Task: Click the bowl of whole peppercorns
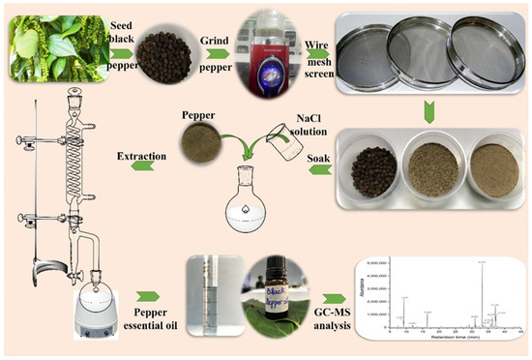(x=371, y=165)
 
